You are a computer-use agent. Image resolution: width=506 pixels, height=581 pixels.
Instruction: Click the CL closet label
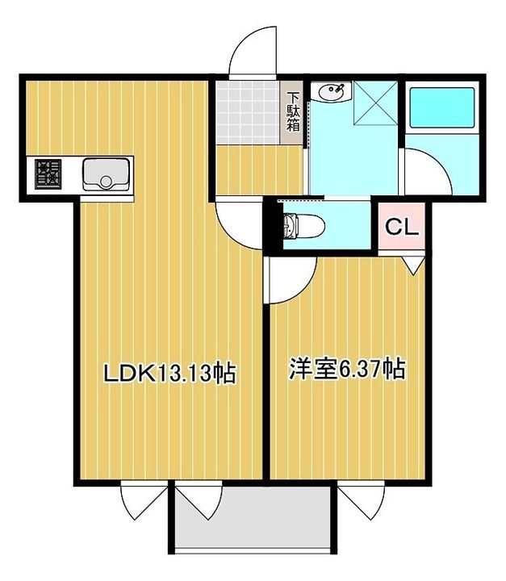coord(401,228)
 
